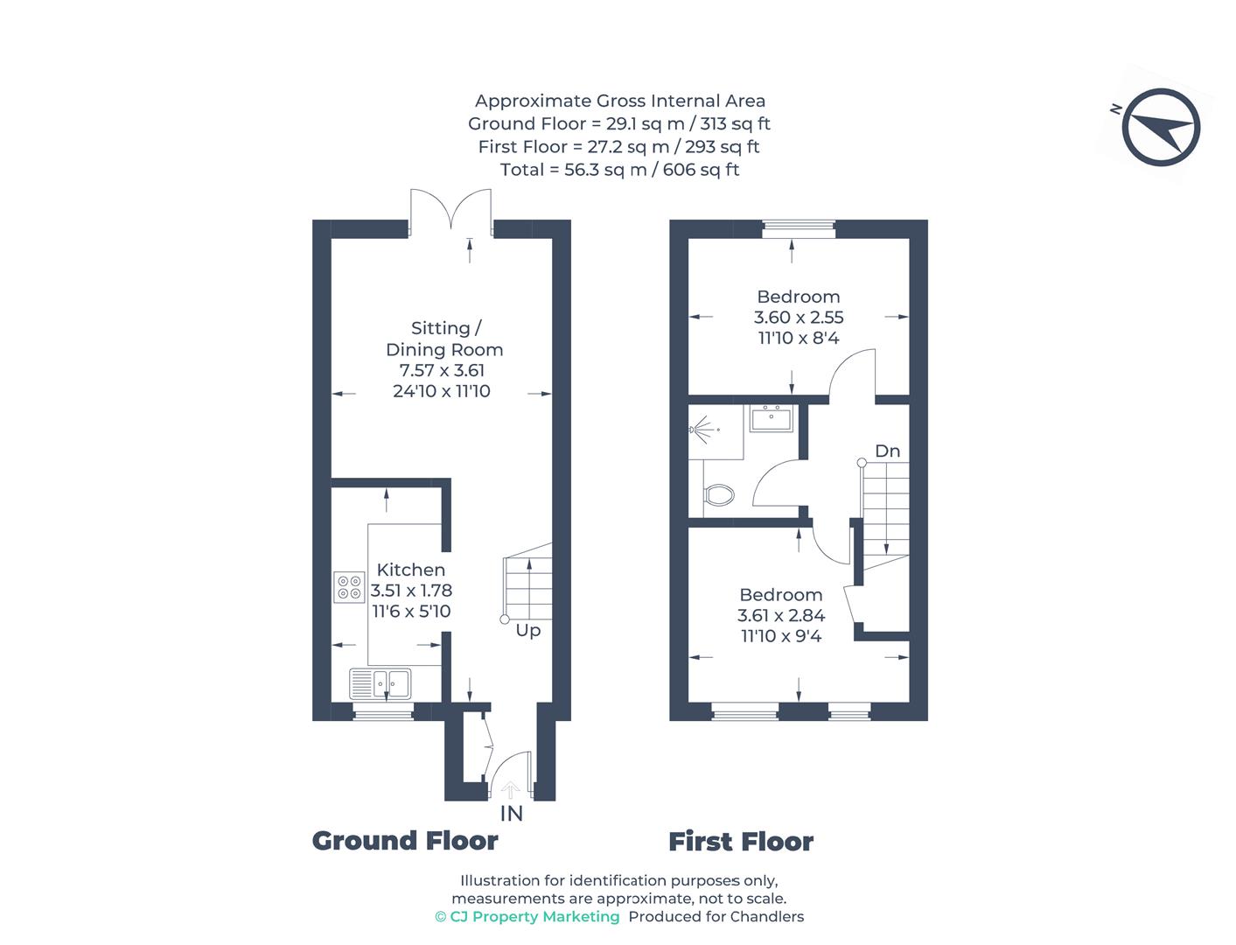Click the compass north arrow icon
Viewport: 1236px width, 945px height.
(1161, 128)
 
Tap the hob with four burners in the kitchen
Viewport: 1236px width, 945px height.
(350, 587)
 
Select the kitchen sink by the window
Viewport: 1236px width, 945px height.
(381, 683)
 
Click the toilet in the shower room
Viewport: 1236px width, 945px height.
(718, 495)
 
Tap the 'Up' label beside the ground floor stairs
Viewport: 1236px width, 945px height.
(527, 630)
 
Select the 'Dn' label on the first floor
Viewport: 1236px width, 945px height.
(887, 451)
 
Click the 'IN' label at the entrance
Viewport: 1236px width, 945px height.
(511, 814)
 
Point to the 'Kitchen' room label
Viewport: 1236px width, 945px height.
(410, 570)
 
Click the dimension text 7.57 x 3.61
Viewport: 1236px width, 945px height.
(442, 370)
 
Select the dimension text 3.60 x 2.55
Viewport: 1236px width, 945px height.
(798, 318)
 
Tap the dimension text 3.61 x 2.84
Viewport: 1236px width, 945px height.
(781, 616)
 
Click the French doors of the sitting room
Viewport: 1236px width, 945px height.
(450, 214)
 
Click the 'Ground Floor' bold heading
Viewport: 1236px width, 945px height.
(405, 841)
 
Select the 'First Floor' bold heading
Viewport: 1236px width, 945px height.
(741, 842)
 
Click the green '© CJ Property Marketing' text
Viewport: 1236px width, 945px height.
(527, 917)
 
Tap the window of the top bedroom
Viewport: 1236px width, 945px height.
(798, 230)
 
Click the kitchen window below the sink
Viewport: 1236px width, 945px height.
(383, 713)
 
